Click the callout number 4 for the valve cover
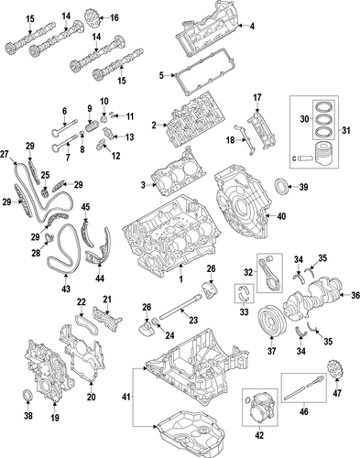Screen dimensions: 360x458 click(x=252, y=27)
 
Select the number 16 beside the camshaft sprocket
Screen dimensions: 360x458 click(x=114, y=18)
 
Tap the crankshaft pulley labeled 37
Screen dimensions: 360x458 click(x=272, y=320)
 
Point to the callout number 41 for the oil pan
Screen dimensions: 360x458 click(x=126, y=397)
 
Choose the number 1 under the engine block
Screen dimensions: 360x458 click(x=181, y=278)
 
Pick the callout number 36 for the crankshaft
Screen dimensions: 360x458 click(x=355, y=295)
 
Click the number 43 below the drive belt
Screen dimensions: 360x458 click(x=66, y=289)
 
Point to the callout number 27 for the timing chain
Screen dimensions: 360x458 click(x=5, y=154)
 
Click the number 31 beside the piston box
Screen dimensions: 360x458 click(x=345, y=130)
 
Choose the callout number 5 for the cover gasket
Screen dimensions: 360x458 click(x=161, y=75)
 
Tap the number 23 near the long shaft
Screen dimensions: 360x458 click(x=193, y=320)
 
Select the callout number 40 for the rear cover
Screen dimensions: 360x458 click(x=281, y=216)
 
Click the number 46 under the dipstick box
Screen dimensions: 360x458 click(x=304, y=411)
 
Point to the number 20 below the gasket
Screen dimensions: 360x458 click(x=92, y=397)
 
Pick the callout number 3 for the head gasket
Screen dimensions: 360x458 click(x=144, y=185)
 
